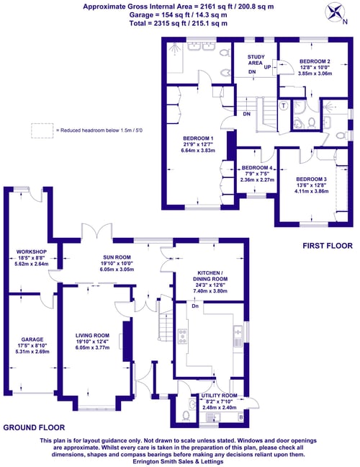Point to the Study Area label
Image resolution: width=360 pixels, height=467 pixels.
pyautogui.click(x=256, y=60)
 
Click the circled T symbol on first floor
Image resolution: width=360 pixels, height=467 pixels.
pyautogui.click(x=284, y=105)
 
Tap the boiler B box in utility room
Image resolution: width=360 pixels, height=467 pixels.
pyautogui.click(x=240, y=417)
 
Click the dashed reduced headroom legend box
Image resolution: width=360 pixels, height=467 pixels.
pyautogui.click(x=42, y=130)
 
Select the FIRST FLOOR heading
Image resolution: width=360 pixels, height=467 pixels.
pyautogui.click(x=328, y=246)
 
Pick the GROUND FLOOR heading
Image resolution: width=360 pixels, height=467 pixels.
pyautogui.click(x=34, y=427)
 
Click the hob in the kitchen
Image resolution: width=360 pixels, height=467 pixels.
pyautogui.click(x=182, y=336)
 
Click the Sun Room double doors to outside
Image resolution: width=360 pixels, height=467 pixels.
pyautogui.click(x=96, y=231)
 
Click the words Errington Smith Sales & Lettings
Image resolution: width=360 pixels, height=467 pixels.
pyautogui.click(x=179, y=461)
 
